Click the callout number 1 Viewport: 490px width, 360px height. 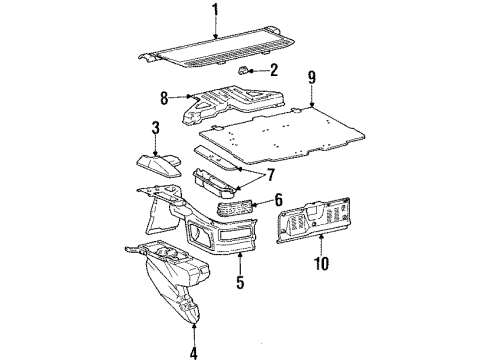215,12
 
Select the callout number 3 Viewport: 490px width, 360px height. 156,128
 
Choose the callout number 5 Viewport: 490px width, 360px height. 239,283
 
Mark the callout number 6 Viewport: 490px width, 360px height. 279,200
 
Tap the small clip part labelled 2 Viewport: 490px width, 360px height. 245,71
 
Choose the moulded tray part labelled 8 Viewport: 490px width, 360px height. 235,102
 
